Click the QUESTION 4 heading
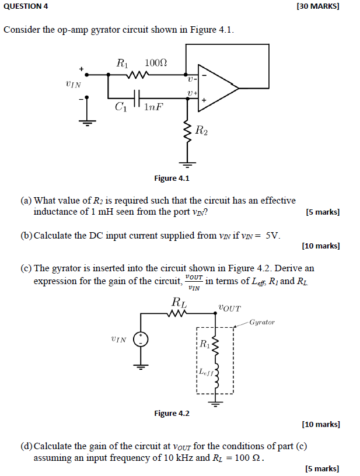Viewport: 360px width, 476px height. (x=26, y=6)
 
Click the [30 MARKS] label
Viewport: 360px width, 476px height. (x=317, y=6)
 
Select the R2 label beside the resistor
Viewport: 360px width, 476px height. (x=201, y=131)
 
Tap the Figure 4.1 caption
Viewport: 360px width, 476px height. (x=172, y=178)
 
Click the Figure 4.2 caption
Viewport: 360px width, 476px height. (x=172, y=413)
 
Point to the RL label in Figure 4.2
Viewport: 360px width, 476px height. (x=179, y=302)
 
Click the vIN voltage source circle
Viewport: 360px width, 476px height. (x=141, y=339)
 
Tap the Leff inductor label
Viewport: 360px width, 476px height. (x=206, y=371)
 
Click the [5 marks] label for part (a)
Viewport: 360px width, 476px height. (x=323, y=212)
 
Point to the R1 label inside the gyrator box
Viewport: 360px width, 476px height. (x=204, y=344)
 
